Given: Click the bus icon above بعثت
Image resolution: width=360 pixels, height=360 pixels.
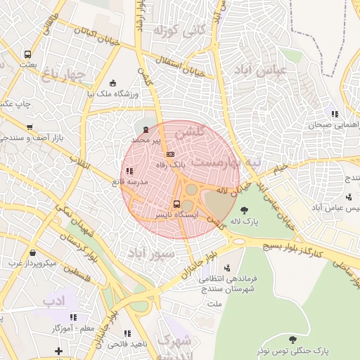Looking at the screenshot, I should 27,54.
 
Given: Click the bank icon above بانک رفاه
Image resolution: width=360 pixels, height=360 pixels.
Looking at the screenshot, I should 169,153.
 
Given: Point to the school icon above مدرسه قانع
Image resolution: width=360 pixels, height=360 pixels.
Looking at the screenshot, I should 128,171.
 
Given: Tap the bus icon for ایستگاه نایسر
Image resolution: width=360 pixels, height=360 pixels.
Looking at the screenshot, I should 176,203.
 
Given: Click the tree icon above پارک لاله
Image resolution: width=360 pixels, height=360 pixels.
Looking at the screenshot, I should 244,210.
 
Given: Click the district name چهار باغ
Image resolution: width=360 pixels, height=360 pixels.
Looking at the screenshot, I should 63,72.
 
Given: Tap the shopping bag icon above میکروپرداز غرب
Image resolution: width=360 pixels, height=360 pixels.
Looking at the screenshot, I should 32,253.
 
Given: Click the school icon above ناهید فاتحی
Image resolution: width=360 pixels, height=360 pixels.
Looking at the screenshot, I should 127,334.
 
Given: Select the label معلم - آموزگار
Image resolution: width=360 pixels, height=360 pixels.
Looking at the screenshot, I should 70,328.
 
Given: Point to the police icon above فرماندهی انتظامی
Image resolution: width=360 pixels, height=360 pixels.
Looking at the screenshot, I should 226,268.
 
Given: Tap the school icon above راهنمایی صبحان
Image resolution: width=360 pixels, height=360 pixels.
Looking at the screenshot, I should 334,113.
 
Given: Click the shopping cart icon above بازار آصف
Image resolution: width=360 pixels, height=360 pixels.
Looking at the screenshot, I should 29,127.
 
